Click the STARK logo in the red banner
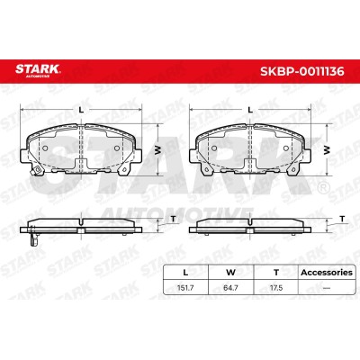point(38,70)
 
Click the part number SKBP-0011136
point(302,71)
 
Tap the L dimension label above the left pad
point(80,110)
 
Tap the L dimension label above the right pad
point(250,110)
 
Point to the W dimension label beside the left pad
point(157,150)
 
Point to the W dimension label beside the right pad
point(327,150)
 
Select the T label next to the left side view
point(173,220)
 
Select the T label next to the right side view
point(342,220)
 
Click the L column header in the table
point(185,273)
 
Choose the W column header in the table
point(230,273)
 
